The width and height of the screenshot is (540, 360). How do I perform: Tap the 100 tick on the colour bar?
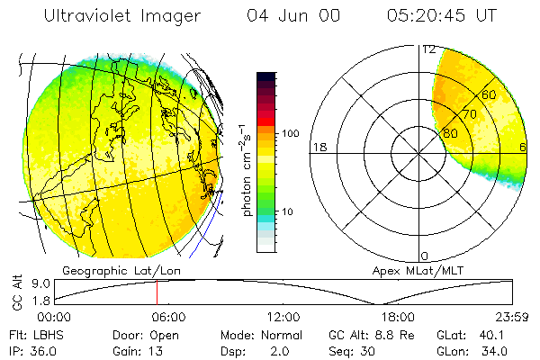pos(289,133)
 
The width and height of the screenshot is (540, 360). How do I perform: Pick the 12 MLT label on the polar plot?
pos(428,49)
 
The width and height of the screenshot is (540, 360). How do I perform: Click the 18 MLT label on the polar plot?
pos(318,147)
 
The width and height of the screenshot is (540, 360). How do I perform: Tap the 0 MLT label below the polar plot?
pos(425,256)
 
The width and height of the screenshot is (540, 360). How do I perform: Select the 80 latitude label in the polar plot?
pos(450,133)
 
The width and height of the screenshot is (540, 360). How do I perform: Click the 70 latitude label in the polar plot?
pos(469,114)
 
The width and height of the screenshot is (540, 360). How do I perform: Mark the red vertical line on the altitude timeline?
pos(157,292)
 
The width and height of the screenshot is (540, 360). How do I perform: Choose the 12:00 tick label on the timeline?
pos(284,317)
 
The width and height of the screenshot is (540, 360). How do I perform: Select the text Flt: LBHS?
pos(36,334)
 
